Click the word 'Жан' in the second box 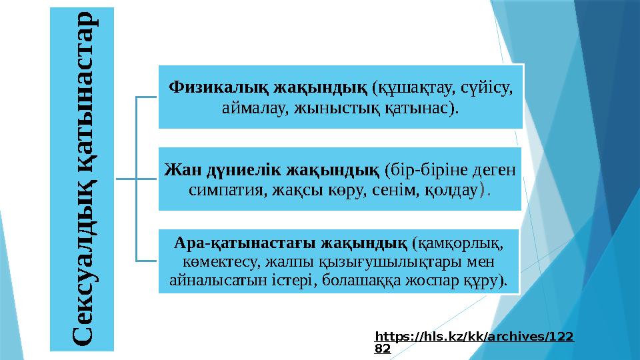tap(179, 169)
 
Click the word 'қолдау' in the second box tap(452, 190)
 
